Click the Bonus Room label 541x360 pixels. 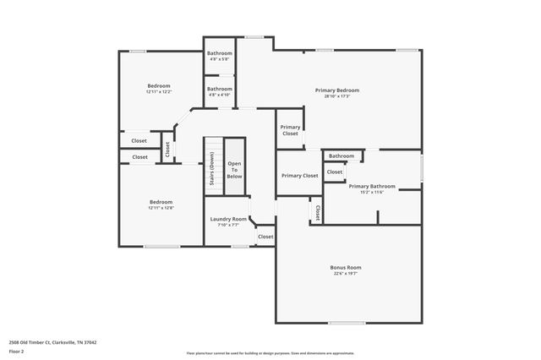(x=345, y=267)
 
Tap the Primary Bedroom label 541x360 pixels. (x=337, y=90)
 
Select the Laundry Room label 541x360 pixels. (x=228, y=219)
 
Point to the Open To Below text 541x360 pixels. (x=234, y=170)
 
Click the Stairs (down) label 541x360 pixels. (x=212, y=169)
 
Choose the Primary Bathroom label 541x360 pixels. (x=372, y=186)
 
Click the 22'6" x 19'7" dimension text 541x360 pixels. (x=345, y=274)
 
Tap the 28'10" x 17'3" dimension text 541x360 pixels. (x=337, y=97)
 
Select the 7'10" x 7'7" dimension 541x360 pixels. (x=228, y=226)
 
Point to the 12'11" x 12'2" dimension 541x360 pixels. (x=159, y=92)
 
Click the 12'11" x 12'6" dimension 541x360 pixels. (x=161, y=209)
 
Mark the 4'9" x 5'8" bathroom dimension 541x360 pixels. (x=220, y=60)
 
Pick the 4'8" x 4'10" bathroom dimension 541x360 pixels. (x=220, y=95)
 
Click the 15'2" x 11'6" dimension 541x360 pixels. (x=372, y=193)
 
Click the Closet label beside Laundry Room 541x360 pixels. (x=265, y=237)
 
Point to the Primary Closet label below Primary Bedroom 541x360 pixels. (x=290, y=130)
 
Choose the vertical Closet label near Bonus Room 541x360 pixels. (x=317, y=212)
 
